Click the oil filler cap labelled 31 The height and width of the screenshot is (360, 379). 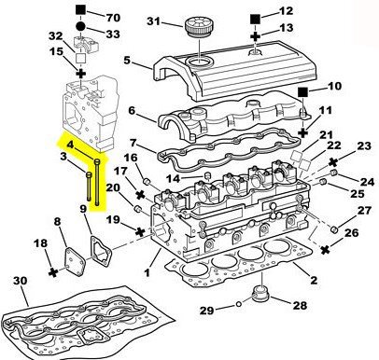(x=198, y=27)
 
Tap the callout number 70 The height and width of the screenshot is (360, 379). (x=113, y=18)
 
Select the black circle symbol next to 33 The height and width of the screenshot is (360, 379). (x=80, y=26)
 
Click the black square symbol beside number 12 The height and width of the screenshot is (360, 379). (x=255, y=20)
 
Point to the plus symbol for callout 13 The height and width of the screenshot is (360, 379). (x=255, y=36)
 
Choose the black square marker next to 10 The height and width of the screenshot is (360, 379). (x=302, y=92)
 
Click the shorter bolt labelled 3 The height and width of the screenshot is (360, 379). (x=89, y=187)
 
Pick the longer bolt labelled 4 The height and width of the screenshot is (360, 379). (x=97, y=182)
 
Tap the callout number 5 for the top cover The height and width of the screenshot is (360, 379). (x=127, y=60)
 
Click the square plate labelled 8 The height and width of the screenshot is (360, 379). (x=76, y=261)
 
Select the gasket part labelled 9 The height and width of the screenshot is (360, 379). (x=101, y=252)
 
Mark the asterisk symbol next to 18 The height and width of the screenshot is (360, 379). (x=53, y=272)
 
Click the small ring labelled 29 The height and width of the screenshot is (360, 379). (x=239, y=304)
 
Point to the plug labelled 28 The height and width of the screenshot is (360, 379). (x=260, y=294)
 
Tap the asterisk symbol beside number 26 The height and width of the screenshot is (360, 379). (x=325, y=249)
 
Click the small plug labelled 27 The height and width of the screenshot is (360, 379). (x=334, y=229)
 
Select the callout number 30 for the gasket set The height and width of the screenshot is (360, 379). (x=21, y=281)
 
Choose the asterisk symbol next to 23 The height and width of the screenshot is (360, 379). (x=334, y=161)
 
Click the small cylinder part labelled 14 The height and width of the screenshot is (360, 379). (x=208, y=176)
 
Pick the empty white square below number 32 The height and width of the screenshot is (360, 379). (x=81, y=58)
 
